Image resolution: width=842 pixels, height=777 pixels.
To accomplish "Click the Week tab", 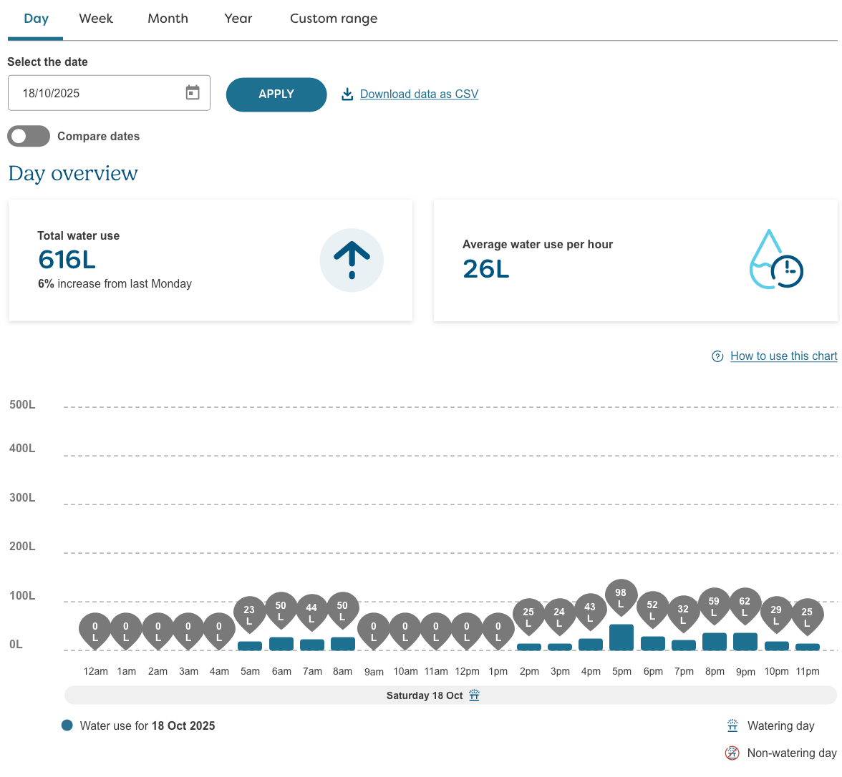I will (x=96, y=19).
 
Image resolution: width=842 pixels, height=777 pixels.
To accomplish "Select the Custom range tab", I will (x=333, y=19).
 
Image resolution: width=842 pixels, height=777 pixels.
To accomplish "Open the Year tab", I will (x=238, y=19).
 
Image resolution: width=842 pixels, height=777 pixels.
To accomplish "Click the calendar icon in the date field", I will (x=193, y=92).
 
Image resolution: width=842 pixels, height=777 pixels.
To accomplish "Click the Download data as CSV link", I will (x=419, y=94).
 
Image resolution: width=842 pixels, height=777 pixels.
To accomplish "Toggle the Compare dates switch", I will (x=29, y=136).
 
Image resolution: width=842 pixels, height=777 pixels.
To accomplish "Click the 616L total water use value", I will (x=67, y=260).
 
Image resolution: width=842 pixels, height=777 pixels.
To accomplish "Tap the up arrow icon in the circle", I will (x=352, y=260).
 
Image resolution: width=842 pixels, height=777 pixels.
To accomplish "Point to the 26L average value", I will (x=485, y=269).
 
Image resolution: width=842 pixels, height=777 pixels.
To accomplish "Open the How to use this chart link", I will (x=783, y=356).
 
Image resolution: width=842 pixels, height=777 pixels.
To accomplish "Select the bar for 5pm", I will (x=621, y=637).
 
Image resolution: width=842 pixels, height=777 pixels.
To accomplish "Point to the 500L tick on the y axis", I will (x=22, y=405).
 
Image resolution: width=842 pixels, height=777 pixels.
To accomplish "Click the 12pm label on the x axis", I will (x=467, y=671).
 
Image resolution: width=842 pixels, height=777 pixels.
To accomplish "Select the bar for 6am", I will (x=281, y=644).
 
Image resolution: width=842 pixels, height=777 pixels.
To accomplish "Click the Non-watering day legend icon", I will (x=732, y=753).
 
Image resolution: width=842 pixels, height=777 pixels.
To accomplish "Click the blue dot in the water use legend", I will (x=67, y=725).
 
